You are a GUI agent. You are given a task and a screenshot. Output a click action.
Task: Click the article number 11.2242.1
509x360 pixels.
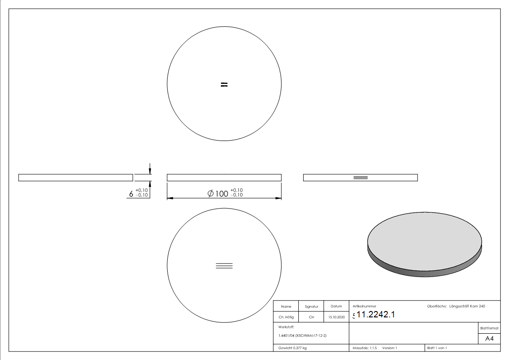point(376,315)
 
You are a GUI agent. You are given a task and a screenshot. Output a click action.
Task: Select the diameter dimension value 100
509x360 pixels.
point(221,193)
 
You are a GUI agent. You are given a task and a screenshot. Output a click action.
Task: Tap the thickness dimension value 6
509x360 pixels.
point(131,194)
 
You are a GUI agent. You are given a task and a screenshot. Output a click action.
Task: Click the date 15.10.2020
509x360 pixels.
point(336,317)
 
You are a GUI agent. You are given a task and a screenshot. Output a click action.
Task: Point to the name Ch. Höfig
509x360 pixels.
point(286,317)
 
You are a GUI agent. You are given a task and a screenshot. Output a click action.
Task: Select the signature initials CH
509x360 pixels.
point(311,317)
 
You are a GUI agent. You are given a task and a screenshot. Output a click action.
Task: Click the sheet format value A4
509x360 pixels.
point(489,339)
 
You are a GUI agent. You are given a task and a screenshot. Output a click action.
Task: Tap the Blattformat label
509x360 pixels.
point(489,328)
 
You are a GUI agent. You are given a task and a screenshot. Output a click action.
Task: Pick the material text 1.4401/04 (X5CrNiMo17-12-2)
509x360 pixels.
point(302,336)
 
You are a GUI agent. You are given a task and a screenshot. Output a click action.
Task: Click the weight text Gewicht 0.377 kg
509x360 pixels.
point(292,348)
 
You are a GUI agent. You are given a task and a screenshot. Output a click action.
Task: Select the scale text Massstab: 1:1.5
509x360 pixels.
point(365,348)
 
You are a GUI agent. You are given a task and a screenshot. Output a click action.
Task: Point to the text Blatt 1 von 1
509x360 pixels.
point(437,348)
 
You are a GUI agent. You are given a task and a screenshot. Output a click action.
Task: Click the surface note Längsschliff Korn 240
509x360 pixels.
point(467,306)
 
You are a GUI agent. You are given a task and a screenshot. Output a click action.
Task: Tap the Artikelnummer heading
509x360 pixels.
point(364,306)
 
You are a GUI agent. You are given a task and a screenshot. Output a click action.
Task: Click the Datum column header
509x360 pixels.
point(336,306)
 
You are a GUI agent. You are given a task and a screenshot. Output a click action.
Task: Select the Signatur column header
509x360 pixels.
point(311,306)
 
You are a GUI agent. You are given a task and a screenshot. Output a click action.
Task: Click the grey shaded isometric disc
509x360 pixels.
point(424,243)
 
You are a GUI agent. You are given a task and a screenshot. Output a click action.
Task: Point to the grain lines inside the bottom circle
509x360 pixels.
point(224,266)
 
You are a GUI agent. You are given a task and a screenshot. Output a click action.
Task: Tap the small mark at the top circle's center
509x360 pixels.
point(224,84)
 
